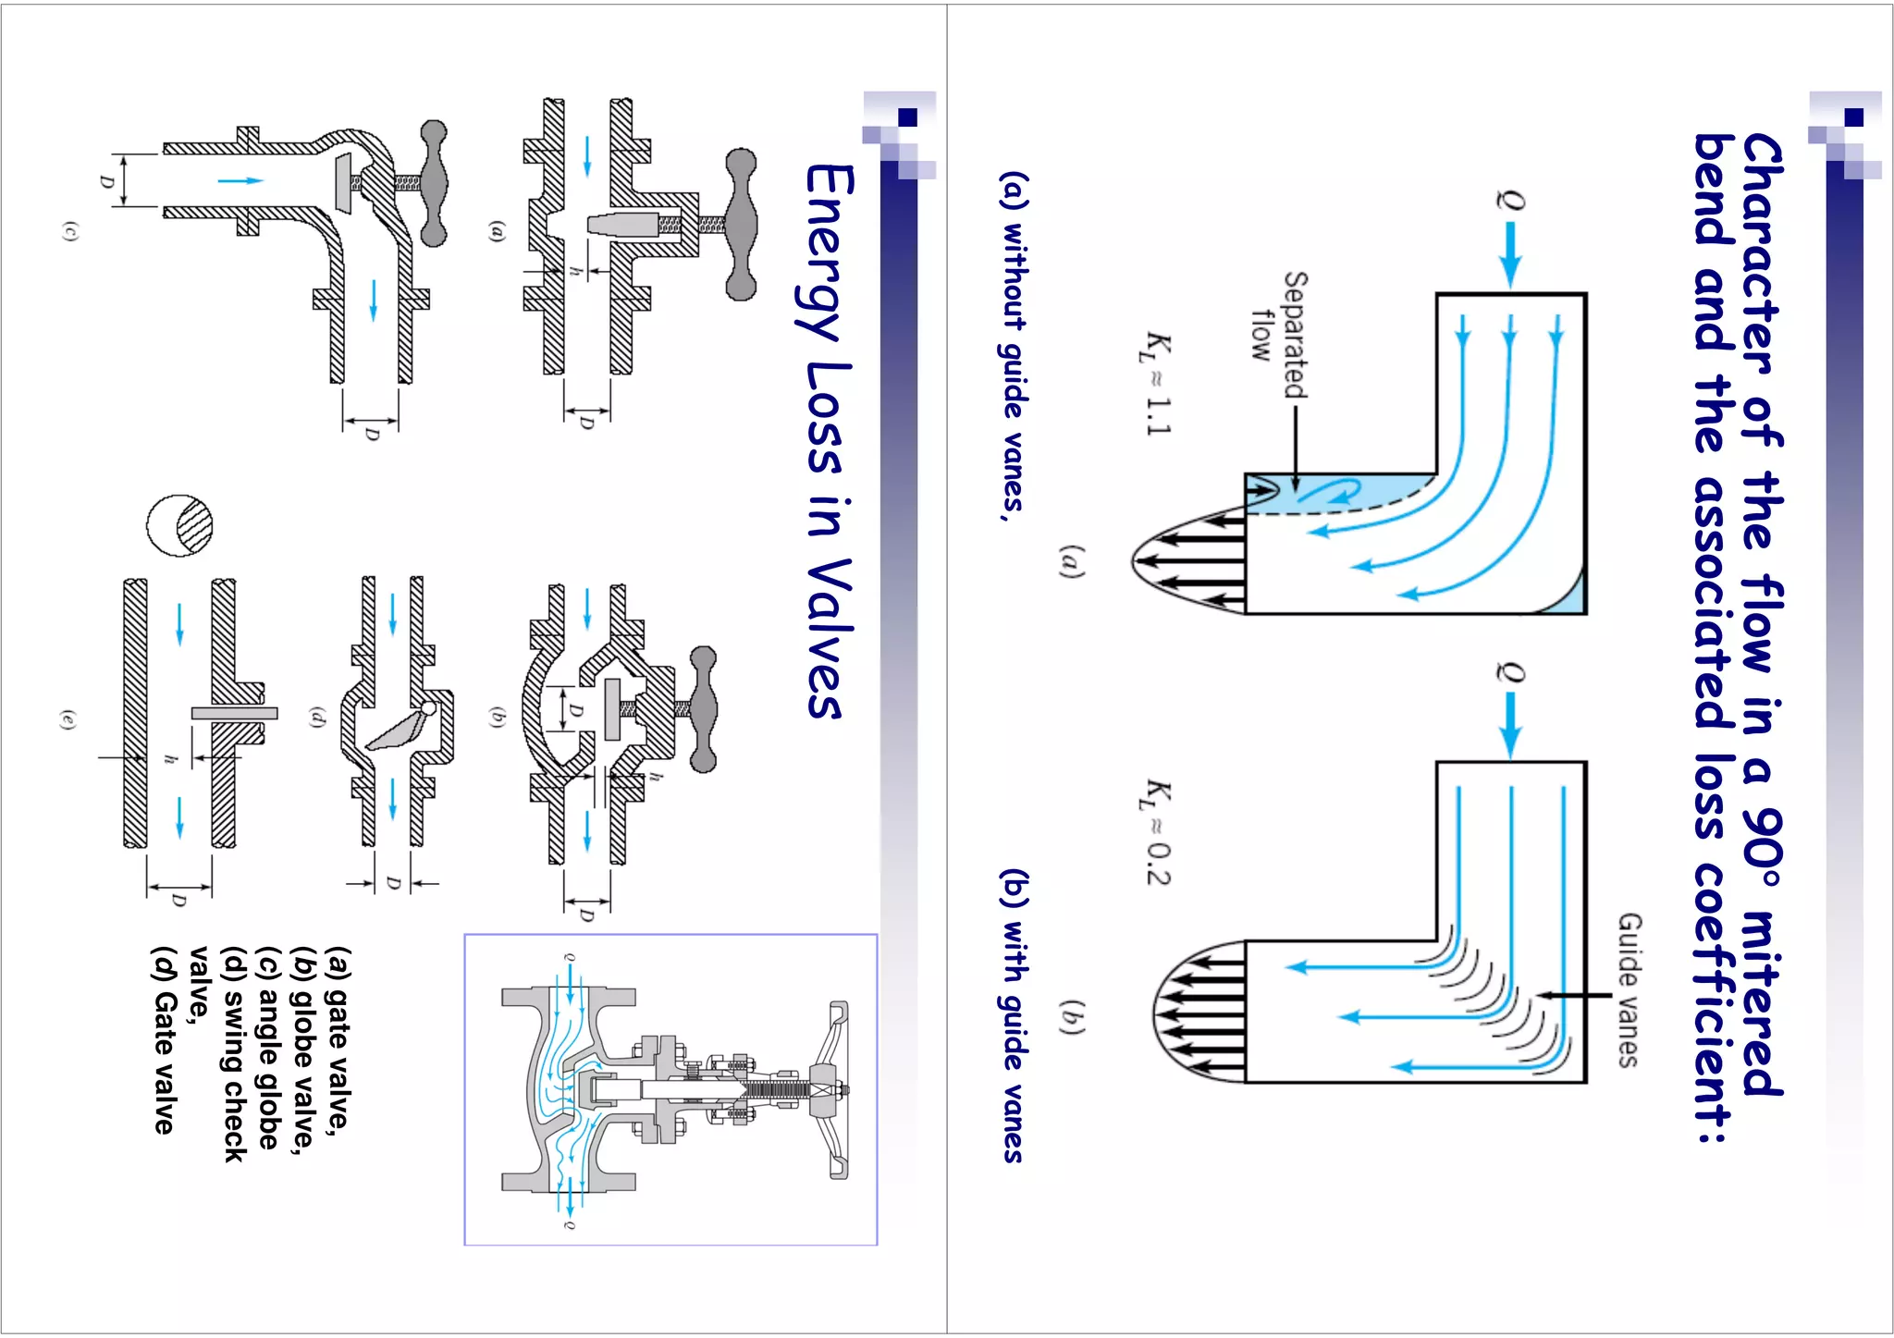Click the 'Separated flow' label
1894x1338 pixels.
tap(1281, 335)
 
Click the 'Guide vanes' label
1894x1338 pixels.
tap(1630, 989)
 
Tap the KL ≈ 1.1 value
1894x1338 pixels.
tap(1155, 383)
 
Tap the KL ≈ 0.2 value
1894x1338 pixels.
tap(1155, 832)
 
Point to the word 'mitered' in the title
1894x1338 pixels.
tap(1762, 1003)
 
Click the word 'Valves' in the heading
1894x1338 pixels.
tap(823, 638)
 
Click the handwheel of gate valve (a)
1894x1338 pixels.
tap(740, 225)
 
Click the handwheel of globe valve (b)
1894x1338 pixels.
tap(703, 709)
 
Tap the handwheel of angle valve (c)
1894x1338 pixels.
tap(434, 182)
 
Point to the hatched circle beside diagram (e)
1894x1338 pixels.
tap(180, 525)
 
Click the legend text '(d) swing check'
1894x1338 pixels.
tap(235, 1054)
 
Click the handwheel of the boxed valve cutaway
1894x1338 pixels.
tap(838, 1090)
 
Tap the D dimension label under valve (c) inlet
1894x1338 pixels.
tap(107, 181)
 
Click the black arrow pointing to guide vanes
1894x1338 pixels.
tap(1576, 996)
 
